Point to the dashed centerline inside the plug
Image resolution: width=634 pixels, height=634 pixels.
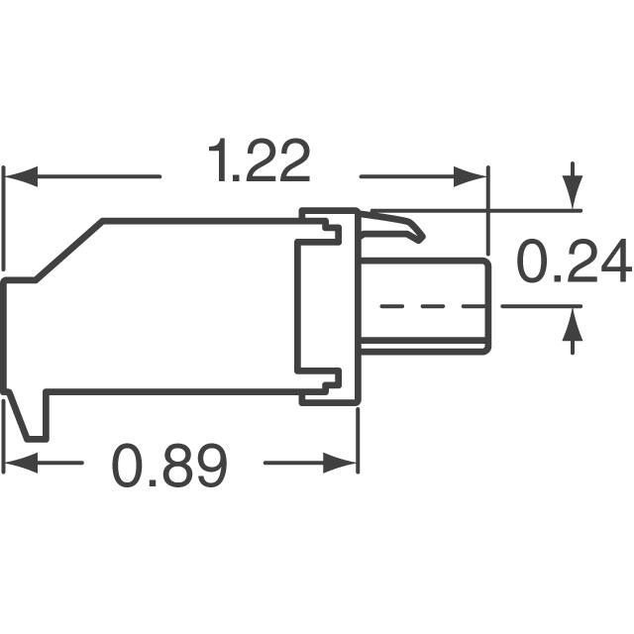click(x=426, y=306)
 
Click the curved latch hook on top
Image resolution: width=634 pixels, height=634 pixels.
click(x=401, y=226)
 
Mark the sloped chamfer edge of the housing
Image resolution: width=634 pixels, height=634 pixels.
click(x=69, y=251)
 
